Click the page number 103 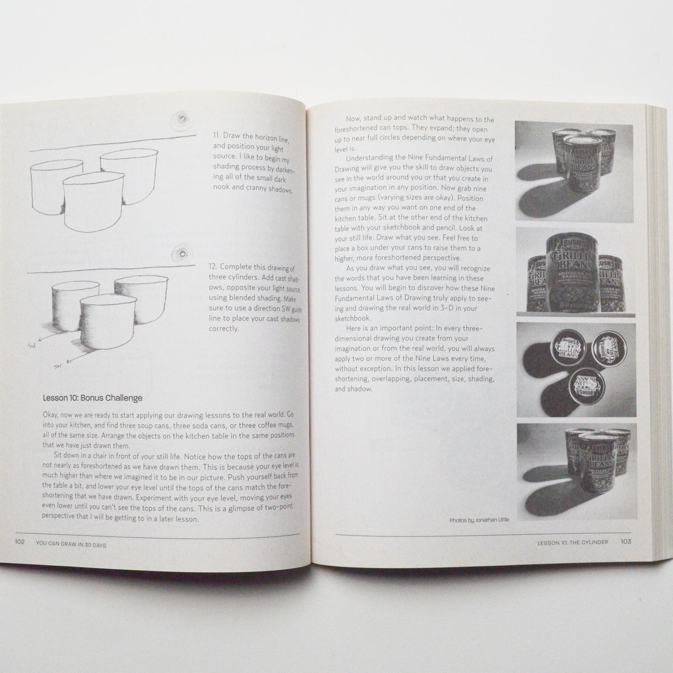(626, 542)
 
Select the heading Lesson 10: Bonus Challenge (93, 398)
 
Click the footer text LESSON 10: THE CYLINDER (573, 542)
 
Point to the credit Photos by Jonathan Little (479, 520)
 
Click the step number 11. (216, 136)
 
